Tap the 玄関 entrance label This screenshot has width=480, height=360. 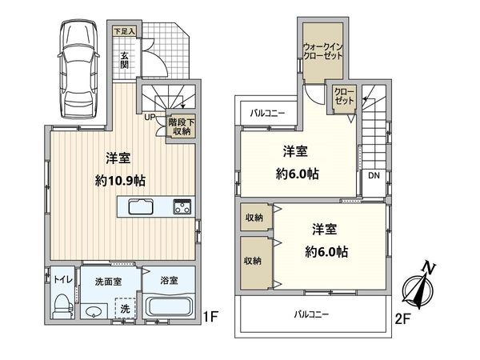pos(125,61)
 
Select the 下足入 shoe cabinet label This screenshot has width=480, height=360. pos(124,31)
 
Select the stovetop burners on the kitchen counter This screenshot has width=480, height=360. pos(181,208)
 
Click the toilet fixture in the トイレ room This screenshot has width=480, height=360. pos(61,305)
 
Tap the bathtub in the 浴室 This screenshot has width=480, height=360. pos(170,308)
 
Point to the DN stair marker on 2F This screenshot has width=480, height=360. pos(374,176)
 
